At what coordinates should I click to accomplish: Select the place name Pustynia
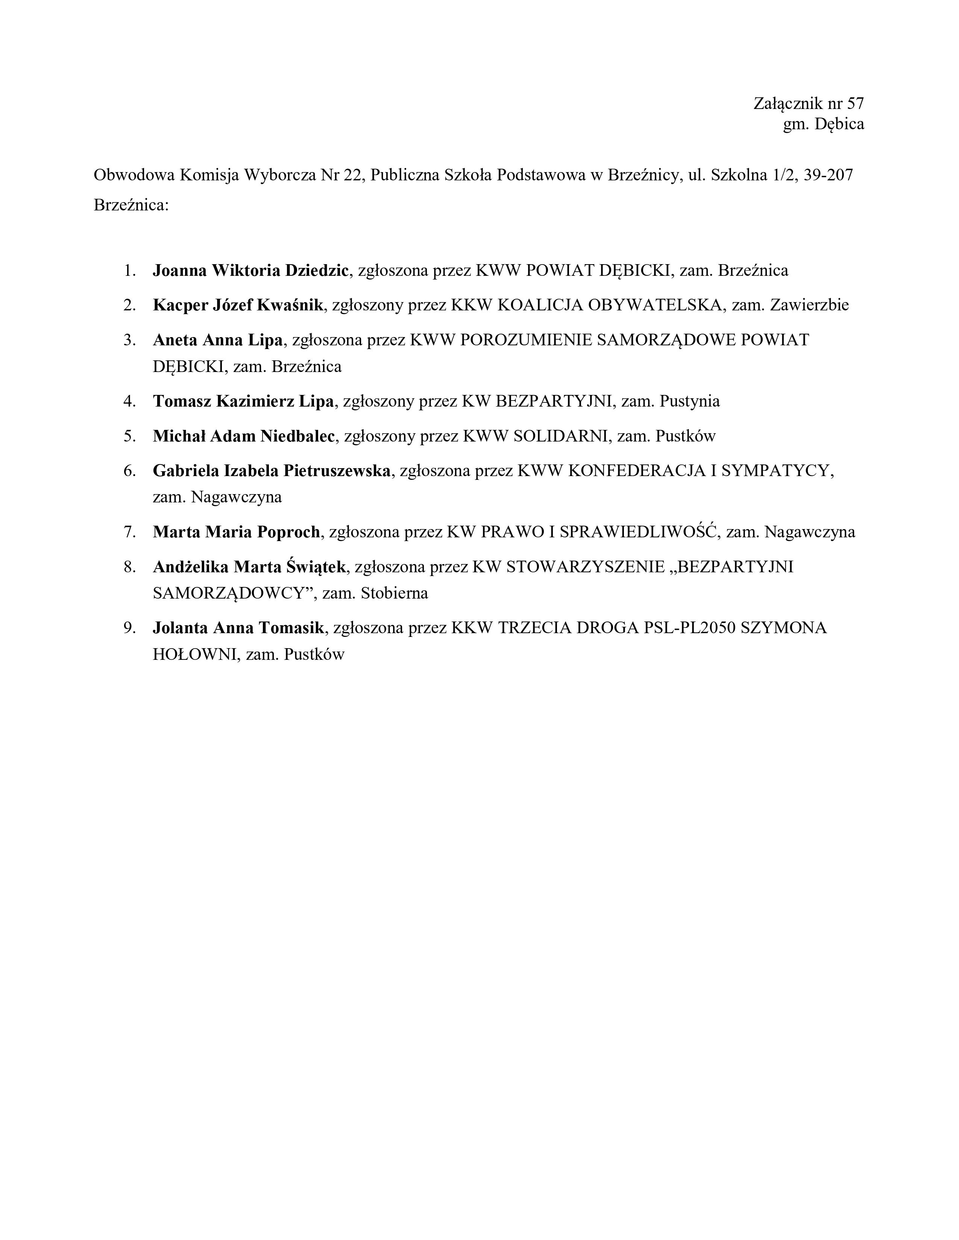pos(690,401)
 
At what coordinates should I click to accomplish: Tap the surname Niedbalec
pos(297,436)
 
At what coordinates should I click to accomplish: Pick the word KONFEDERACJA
pos(636,471)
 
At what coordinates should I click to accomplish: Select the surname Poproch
pos(288,532)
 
